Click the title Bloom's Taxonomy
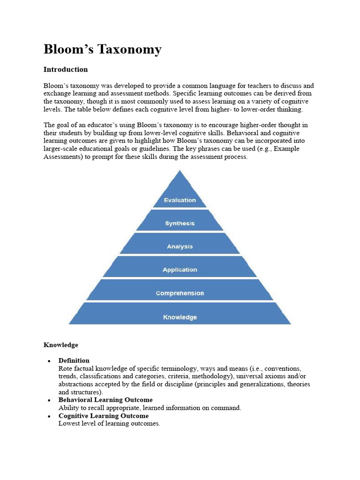(x=103, y=49)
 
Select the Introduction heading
(x=66, y=69)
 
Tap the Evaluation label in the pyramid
(x=180, y=200)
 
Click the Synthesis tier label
(x=180, y=224)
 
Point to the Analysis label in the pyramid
(x=180, y=247)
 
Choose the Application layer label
(x=180, y=270)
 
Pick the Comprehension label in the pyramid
(x=180, y=293)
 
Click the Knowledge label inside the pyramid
(x=180, y=317)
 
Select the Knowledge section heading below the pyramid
(x=61, y=345)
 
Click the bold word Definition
(x=74, y=360)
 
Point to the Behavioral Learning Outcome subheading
(x=105, y=400)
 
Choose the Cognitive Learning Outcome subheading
(x=104, y=416)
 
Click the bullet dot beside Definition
(x=49, y=361)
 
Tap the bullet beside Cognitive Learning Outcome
(x=49, y=416)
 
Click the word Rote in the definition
(x=66, y=368)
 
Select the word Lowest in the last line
(x=69, y=423)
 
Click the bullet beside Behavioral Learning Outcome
(x=49, y=400)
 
